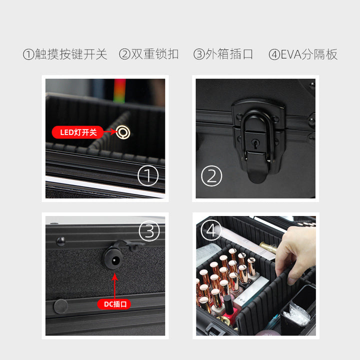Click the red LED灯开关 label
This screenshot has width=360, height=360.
point(77,132)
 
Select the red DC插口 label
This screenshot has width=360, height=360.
point(114,304)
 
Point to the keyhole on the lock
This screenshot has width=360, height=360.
point(255,144)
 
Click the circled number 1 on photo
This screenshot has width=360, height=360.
point(148,175)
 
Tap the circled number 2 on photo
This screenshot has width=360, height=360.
point(211,176)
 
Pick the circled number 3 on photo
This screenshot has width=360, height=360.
point(149,231)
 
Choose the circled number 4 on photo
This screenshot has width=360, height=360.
point(211,230)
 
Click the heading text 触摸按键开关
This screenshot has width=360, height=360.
point(71,54)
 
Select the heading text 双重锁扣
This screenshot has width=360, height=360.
point(154,54)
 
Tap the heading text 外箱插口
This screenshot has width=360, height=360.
point(229,54)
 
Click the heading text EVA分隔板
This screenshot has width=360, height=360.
point(309,54)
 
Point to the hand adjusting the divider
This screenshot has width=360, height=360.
point(296,252)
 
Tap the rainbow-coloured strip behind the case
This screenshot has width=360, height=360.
point(119,91)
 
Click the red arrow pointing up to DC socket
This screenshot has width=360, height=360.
point(114,286)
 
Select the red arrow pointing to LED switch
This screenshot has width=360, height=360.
point(109,132)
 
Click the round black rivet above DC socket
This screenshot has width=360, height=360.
point(61,241)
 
